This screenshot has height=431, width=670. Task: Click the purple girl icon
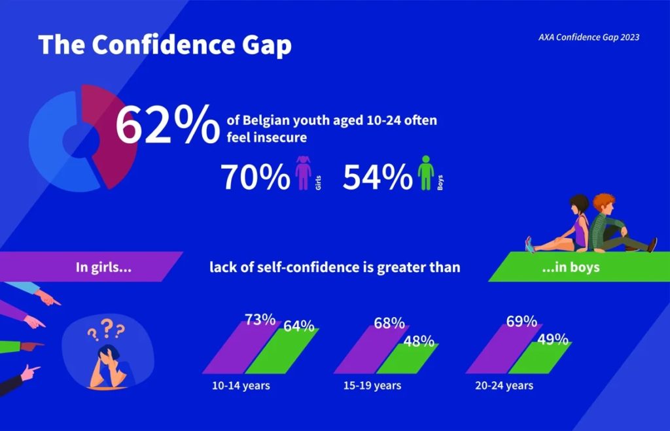pyautogui.click(x=303, y=172)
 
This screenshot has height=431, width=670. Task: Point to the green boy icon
pyautogui.click(x=426, y=172)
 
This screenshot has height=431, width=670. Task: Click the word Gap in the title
pyautogui.click(x=259, y=44)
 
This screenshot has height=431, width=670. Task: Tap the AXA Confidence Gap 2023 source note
pyautogui.click(x=588, y=37)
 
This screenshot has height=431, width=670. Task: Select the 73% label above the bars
pyautogui.click(x=260, y=320)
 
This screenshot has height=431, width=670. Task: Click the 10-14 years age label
pyautogui.click(x=241, y=386)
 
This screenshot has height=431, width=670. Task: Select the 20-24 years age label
pyautogui.click(x=504, y=386)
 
